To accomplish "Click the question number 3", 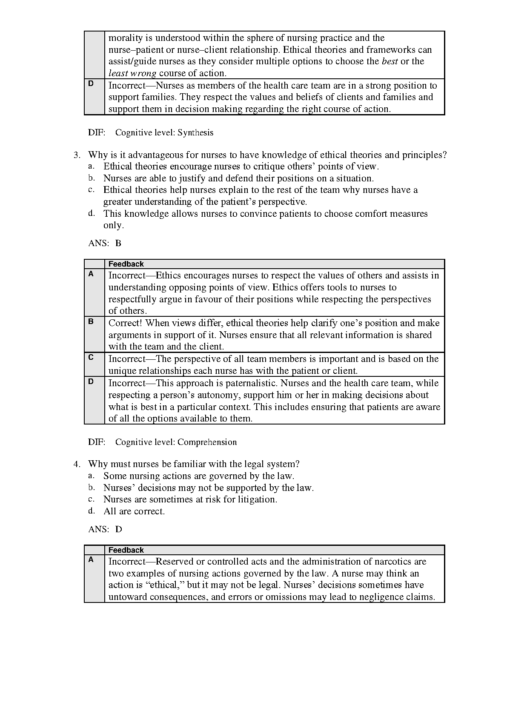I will [76, 155].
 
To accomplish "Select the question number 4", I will [76, 464].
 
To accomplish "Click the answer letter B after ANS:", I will [118, 244].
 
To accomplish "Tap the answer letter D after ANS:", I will [118, 530].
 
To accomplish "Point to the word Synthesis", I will [195, 133].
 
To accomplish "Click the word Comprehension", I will [207, 442].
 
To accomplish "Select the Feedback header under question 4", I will [126, 550].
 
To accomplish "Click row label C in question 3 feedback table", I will [91, 358].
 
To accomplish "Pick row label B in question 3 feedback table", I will [91, 322].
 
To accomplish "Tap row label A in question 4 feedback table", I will [91, 560].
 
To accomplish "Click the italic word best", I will [390, 61].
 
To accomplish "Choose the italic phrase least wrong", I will [132, 73].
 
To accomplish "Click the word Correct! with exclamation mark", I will [125, 323].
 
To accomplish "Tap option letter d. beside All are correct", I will [91, 511].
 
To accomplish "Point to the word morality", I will [126, 38].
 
